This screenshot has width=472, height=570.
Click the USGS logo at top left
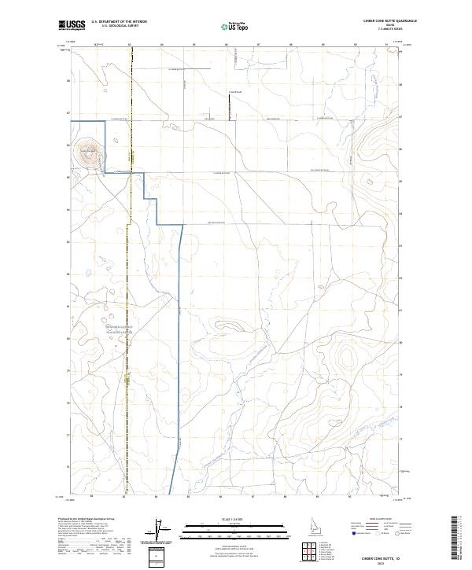(x=72, y=25)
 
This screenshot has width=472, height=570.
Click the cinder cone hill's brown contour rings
(x=87, y=153)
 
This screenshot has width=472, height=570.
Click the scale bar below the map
(x=235, y=528)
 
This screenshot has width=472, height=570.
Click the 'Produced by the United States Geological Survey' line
(x=82, y=520)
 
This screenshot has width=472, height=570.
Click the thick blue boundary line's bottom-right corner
(x=183, y=225)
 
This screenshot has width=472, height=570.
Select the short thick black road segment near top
(x=228, y=107)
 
